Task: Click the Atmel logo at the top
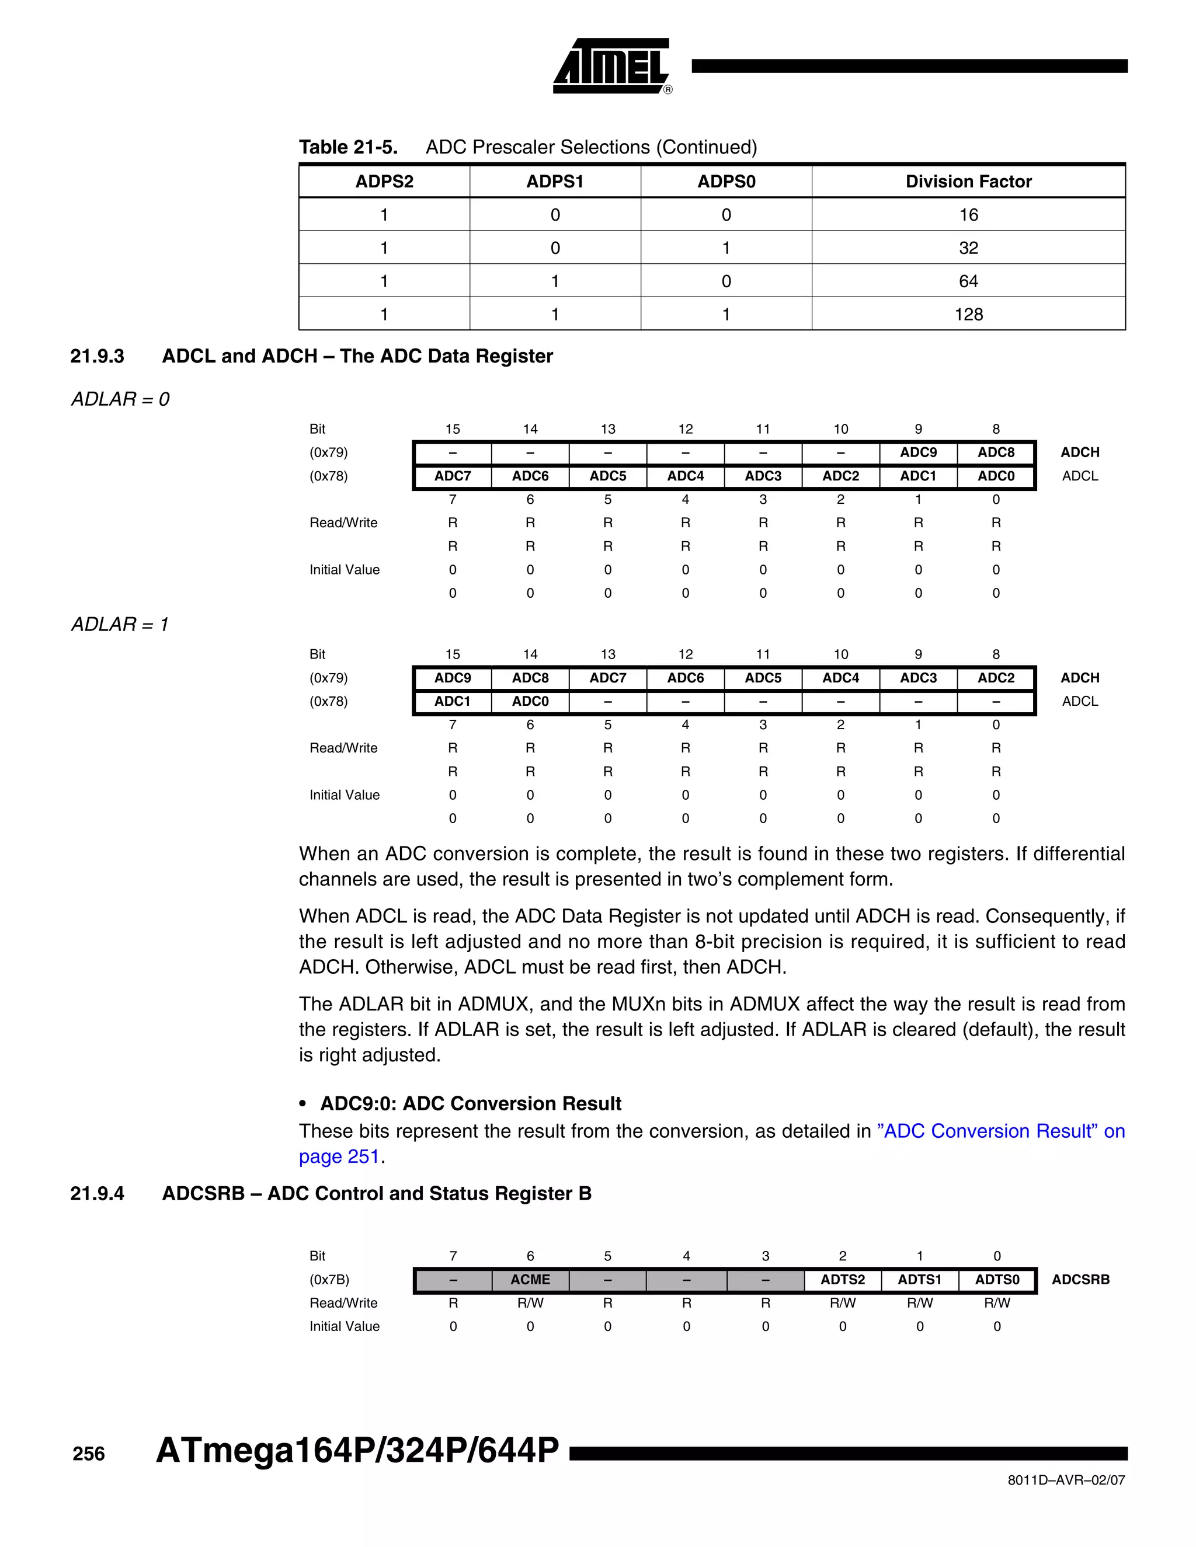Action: pos(611,66)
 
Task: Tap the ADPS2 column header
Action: pos(384,182)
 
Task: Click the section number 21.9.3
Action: pos(97,356)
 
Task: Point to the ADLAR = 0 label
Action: pos(120,399)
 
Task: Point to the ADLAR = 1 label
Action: pos(120,625)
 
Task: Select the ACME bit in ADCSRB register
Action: pos(530,1279)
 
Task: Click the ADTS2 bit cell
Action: pos(843,1279)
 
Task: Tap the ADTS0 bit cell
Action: pos(997,1279)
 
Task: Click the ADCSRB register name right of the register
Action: pos(1080,1279)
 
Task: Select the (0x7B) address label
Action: pos(329,1279)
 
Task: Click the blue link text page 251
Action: pos(339,1156)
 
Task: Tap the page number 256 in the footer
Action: pos(89,1454)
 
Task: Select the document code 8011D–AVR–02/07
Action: pos(1066,1480)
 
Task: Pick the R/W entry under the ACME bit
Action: pos(530,1302)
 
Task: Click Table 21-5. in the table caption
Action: pos(348,147)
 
